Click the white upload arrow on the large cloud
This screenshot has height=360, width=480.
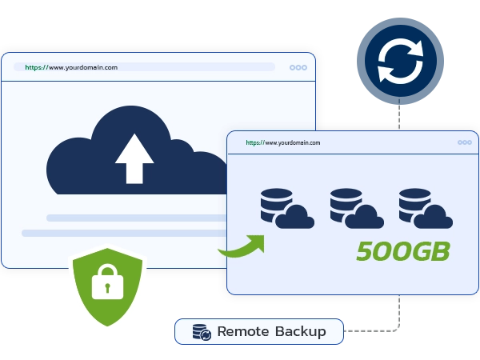(x=134, y=158)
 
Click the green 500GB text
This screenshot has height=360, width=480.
(x=403, y=250)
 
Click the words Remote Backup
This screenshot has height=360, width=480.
(x=271, y=331)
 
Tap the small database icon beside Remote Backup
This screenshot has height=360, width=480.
(x=202, y=331)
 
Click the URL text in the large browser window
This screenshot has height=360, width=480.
(x=71, y=67)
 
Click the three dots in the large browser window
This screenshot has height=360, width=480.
(x=298, y=67)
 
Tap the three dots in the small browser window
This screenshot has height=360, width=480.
(x=464, y=142)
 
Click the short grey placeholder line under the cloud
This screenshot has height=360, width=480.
(x=132, y=218)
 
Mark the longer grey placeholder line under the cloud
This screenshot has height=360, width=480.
(x=120, y=233)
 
